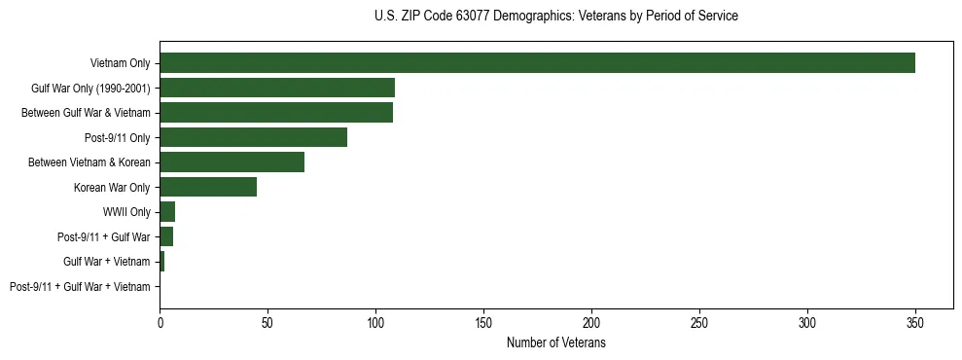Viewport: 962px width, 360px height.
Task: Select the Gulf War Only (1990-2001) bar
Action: point(277,88)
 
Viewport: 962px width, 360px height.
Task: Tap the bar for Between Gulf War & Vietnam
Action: point(276,113)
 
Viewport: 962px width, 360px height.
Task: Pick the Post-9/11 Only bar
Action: point(253,137)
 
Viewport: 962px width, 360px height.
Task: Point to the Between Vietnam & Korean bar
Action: point(232,162)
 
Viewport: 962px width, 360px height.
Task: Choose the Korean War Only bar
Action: point(208,187)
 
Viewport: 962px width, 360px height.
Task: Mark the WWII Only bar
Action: point(167,212)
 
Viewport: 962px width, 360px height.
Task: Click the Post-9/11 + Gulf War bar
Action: point(166,236)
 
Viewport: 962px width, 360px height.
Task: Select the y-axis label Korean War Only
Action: point(112,187)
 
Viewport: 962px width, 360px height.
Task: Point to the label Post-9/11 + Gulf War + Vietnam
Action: point(80,287)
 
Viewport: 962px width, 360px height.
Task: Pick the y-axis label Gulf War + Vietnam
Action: point(107,262)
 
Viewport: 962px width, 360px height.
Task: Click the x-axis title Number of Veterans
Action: point(556,342)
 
